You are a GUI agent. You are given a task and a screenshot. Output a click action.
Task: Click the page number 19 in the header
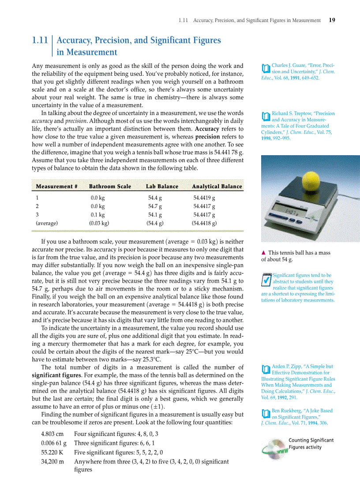[x=332, y=20]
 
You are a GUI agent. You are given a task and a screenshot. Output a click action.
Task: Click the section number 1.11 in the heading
[x=40, y=41]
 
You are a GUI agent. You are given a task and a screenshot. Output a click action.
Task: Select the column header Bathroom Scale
[x=110, y=186]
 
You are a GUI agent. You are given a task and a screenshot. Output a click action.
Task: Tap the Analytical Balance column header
[x=217, y=186]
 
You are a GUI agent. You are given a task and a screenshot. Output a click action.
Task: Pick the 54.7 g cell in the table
[x=154, y=206]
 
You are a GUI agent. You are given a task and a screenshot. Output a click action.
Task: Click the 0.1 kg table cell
[x=97, y=215]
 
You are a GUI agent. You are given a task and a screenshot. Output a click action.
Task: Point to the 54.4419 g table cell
[x=204, y=198]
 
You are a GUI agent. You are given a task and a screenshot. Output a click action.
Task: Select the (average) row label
[x=47, y=223]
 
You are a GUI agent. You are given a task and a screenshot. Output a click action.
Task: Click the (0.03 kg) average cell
[x=99, y=223]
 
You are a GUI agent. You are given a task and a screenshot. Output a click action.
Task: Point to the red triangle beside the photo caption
[x=263, y=253]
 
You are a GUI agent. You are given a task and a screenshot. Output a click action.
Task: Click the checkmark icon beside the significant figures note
[x=266, y=280]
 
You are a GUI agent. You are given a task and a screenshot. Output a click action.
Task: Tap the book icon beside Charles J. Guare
[x=265, y=69]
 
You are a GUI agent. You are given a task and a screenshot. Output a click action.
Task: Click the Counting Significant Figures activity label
[x=311, y=443]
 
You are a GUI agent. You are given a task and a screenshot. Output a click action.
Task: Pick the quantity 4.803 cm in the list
[x=52, y=434]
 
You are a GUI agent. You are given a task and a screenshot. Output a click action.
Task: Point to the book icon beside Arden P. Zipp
[x=265, y=369]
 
